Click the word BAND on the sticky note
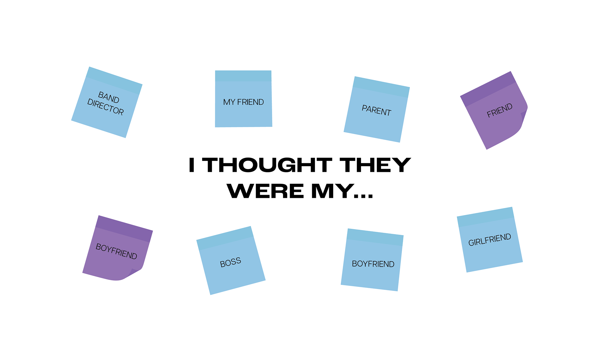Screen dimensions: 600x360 coord(109,97)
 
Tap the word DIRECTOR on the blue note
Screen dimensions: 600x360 coord(106,107)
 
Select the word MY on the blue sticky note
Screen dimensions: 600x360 coord(229,102)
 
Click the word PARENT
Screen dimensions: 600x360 coord(377,110)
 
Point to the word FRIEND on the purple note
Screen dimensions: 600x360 coord(500,110)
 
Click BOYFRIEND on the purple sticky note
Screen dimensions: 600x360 coord(117,251)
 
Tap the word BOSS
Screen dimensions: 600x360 coord(231,262)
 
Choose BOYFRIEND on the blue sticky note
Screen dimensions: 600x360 coord(373,264)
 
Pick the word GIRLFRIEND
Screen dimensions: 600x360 coord(490,240)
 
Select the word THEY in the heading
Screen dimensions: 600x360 coord(375,165)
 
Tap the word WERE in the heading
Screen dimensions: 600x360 coord(265,191)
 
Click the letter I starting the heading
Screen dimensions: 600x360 coord(192,165)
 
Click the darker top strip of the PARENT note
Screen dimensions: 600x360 coord(381,87)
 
